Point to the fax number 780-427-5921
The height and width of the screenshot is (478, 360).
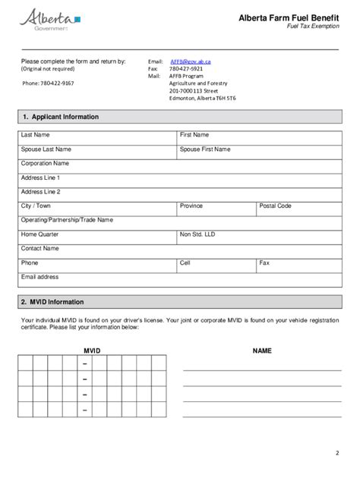coord(186,68)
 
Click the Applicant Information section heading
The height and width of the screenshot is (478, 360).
coord(61,117)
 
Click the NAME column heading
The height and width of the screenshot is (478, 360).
coord(262,351)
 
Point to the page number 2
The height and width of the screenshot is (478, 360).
coord(336,454)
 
